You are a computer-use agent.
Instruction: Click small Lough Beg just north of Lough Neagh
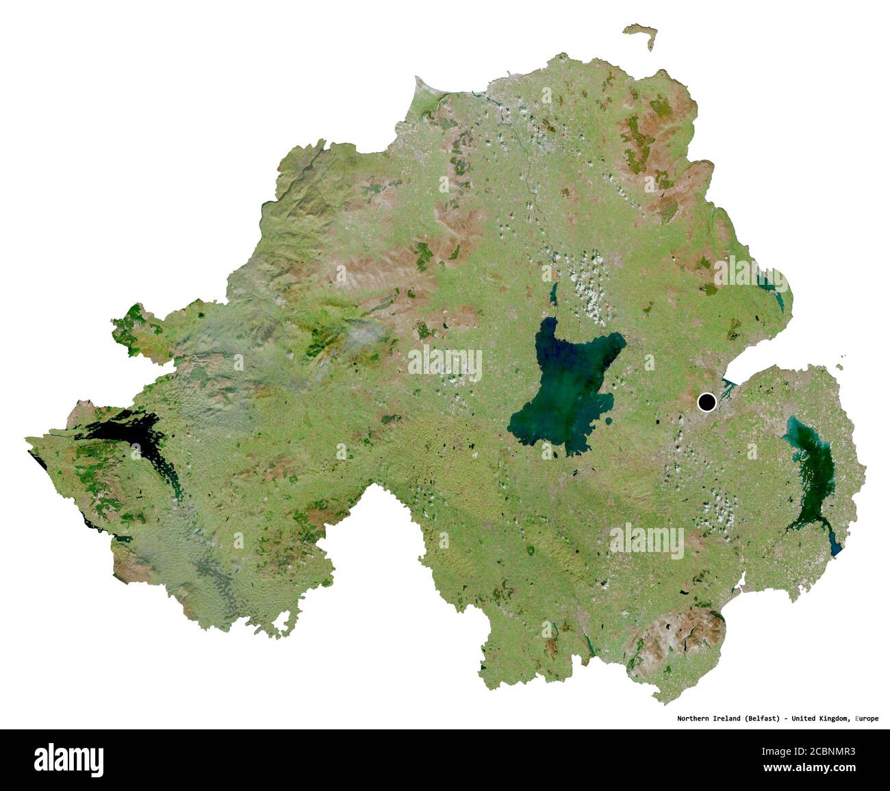554,297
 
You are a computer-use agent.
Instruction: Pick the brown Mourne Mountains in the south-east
678,633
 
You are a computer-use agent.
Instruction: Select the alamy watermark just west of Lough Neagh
445,363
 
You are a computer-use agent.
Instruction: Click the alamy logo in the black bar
69,759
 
